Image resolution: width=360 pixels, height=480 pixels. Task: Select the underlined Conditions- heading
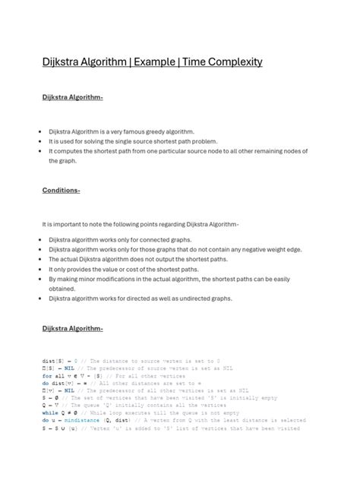(61, 190)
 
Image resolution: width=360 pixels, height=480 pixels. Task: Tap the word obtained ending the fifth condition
(62, 289)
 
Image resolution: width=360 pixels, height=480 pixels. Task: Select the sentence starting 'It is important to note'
(141, 224)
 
